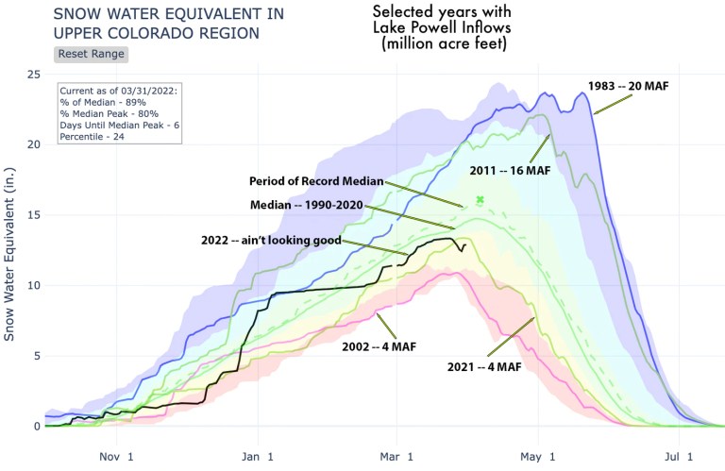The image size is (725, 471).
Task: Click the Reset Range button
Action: (92, 54)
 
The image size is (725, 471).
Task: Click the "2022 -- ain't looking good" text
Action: (268, 240)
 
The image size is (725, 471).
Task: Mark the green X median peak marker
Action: (480, 199)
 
